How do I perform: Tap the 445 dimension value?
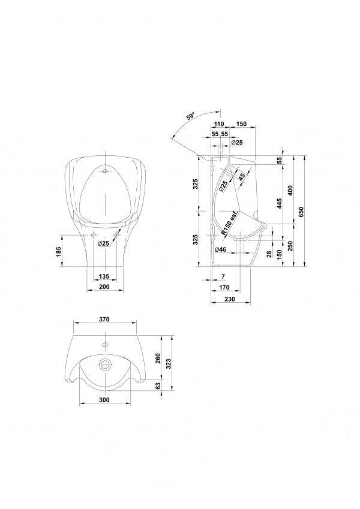click(280, 203)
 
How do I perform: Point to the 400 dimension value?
click(290, 191)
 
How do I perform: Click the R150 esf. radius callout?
click(230, 224)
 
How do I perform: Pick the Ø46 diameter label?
click(221, 249)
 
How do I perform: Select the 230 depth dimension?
click(229, 299)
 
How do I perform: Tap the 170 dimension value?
click(224, 287)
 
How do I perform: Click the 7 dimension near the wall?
click(223, 276)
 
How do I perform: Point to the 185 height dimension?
click(58, 252)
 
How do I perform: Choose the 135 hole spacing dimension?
click(104, 276)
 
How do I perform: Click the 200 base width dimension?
click(104, 287)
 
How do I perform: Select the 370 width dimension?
click(104, 319)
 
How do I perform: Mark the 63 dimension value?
click(158, 386)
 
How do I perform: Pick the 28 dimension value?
click(269, 254)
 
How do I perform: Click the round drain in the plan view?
click(105, 365)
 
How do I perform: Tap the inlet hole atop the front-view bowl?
click(105, 171)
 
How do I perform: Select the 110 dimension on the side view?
click(220, 124)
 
